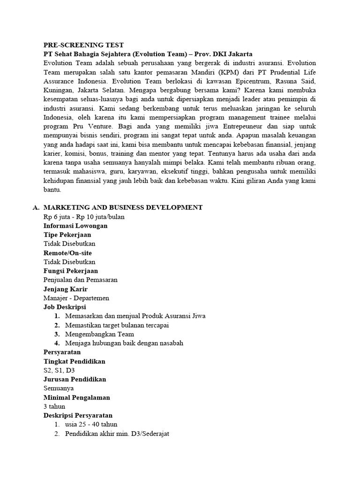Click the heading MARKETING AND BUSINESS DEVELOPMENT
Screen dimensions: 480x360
pyautogui.click(x=123, y=207)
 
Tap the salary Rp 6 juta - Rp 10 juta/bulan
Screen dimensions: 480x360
pyautogui.click(x=84, y=217)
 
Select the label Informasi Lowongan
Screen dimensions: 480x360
pyautogui.click(x=75, y=225)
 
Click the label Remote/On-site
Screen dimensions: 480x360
pyautogui.click(x=67, y=253)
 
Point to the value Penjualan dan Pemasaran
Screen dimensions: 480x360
pyautogui.click(x=80, y=280)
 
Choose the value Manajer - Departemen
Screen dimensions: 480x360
pyautogui.click(x=76, y=298)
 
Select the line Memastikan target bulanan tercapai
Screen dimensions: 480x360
pyautogui.click(x=117, y=325)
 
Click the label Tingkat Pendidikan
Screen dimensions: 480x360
pyautogui.click(x=74, y=361)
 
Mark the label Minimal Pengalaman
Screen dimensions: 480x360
pyautogui.click(x=76, y=397)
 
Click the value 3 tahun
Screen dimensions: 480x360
pyautogui.click(x=54, y=406)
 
